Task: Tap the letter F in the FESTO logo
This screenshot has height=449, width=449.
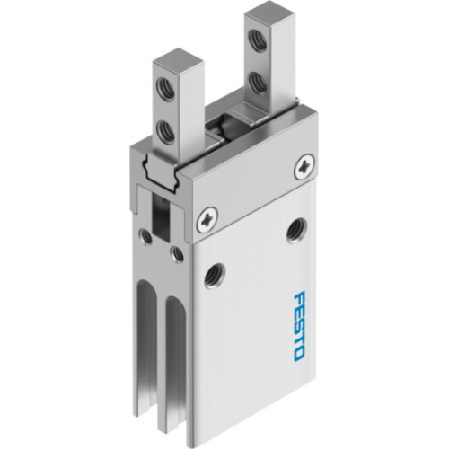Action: [298, 298]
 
